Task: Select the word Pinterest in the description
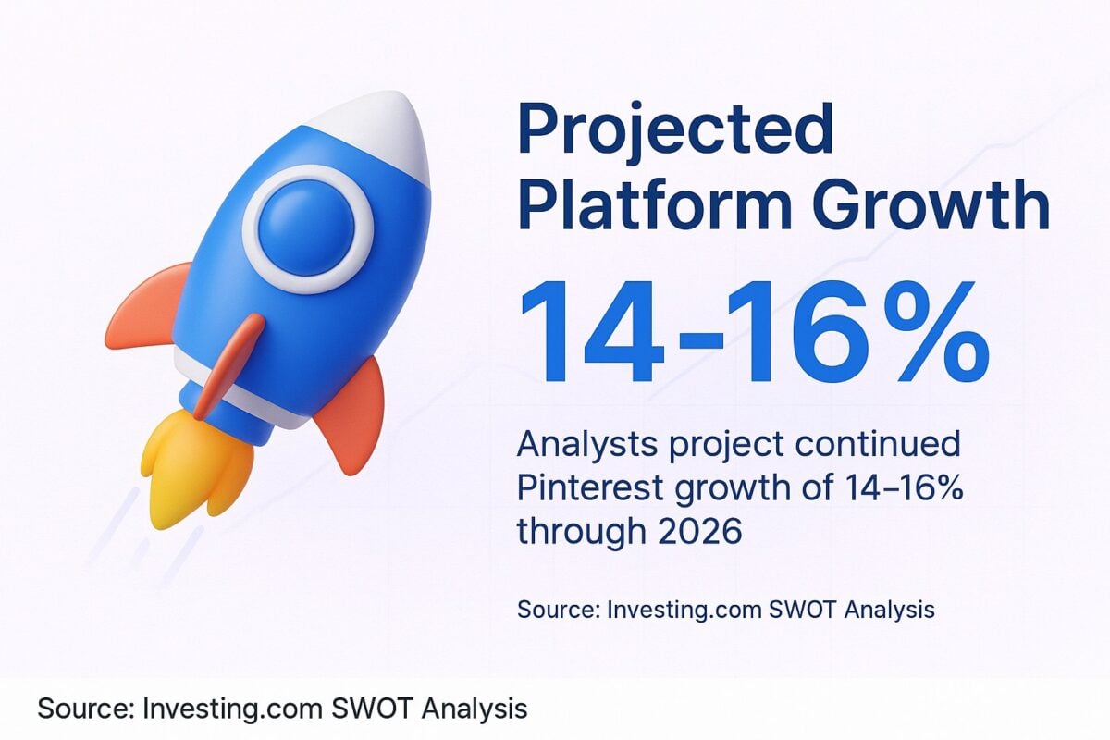[x=591, y=488]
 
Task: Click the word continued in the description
[x=878, y=444]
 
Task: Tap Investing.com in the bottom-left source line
[x=232, y=709]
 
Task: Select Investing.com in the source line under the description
[x=684, y=610]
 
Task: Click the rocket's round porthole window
[x=307, y=229]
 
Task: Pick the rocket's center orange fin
[x=229, y=364]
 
